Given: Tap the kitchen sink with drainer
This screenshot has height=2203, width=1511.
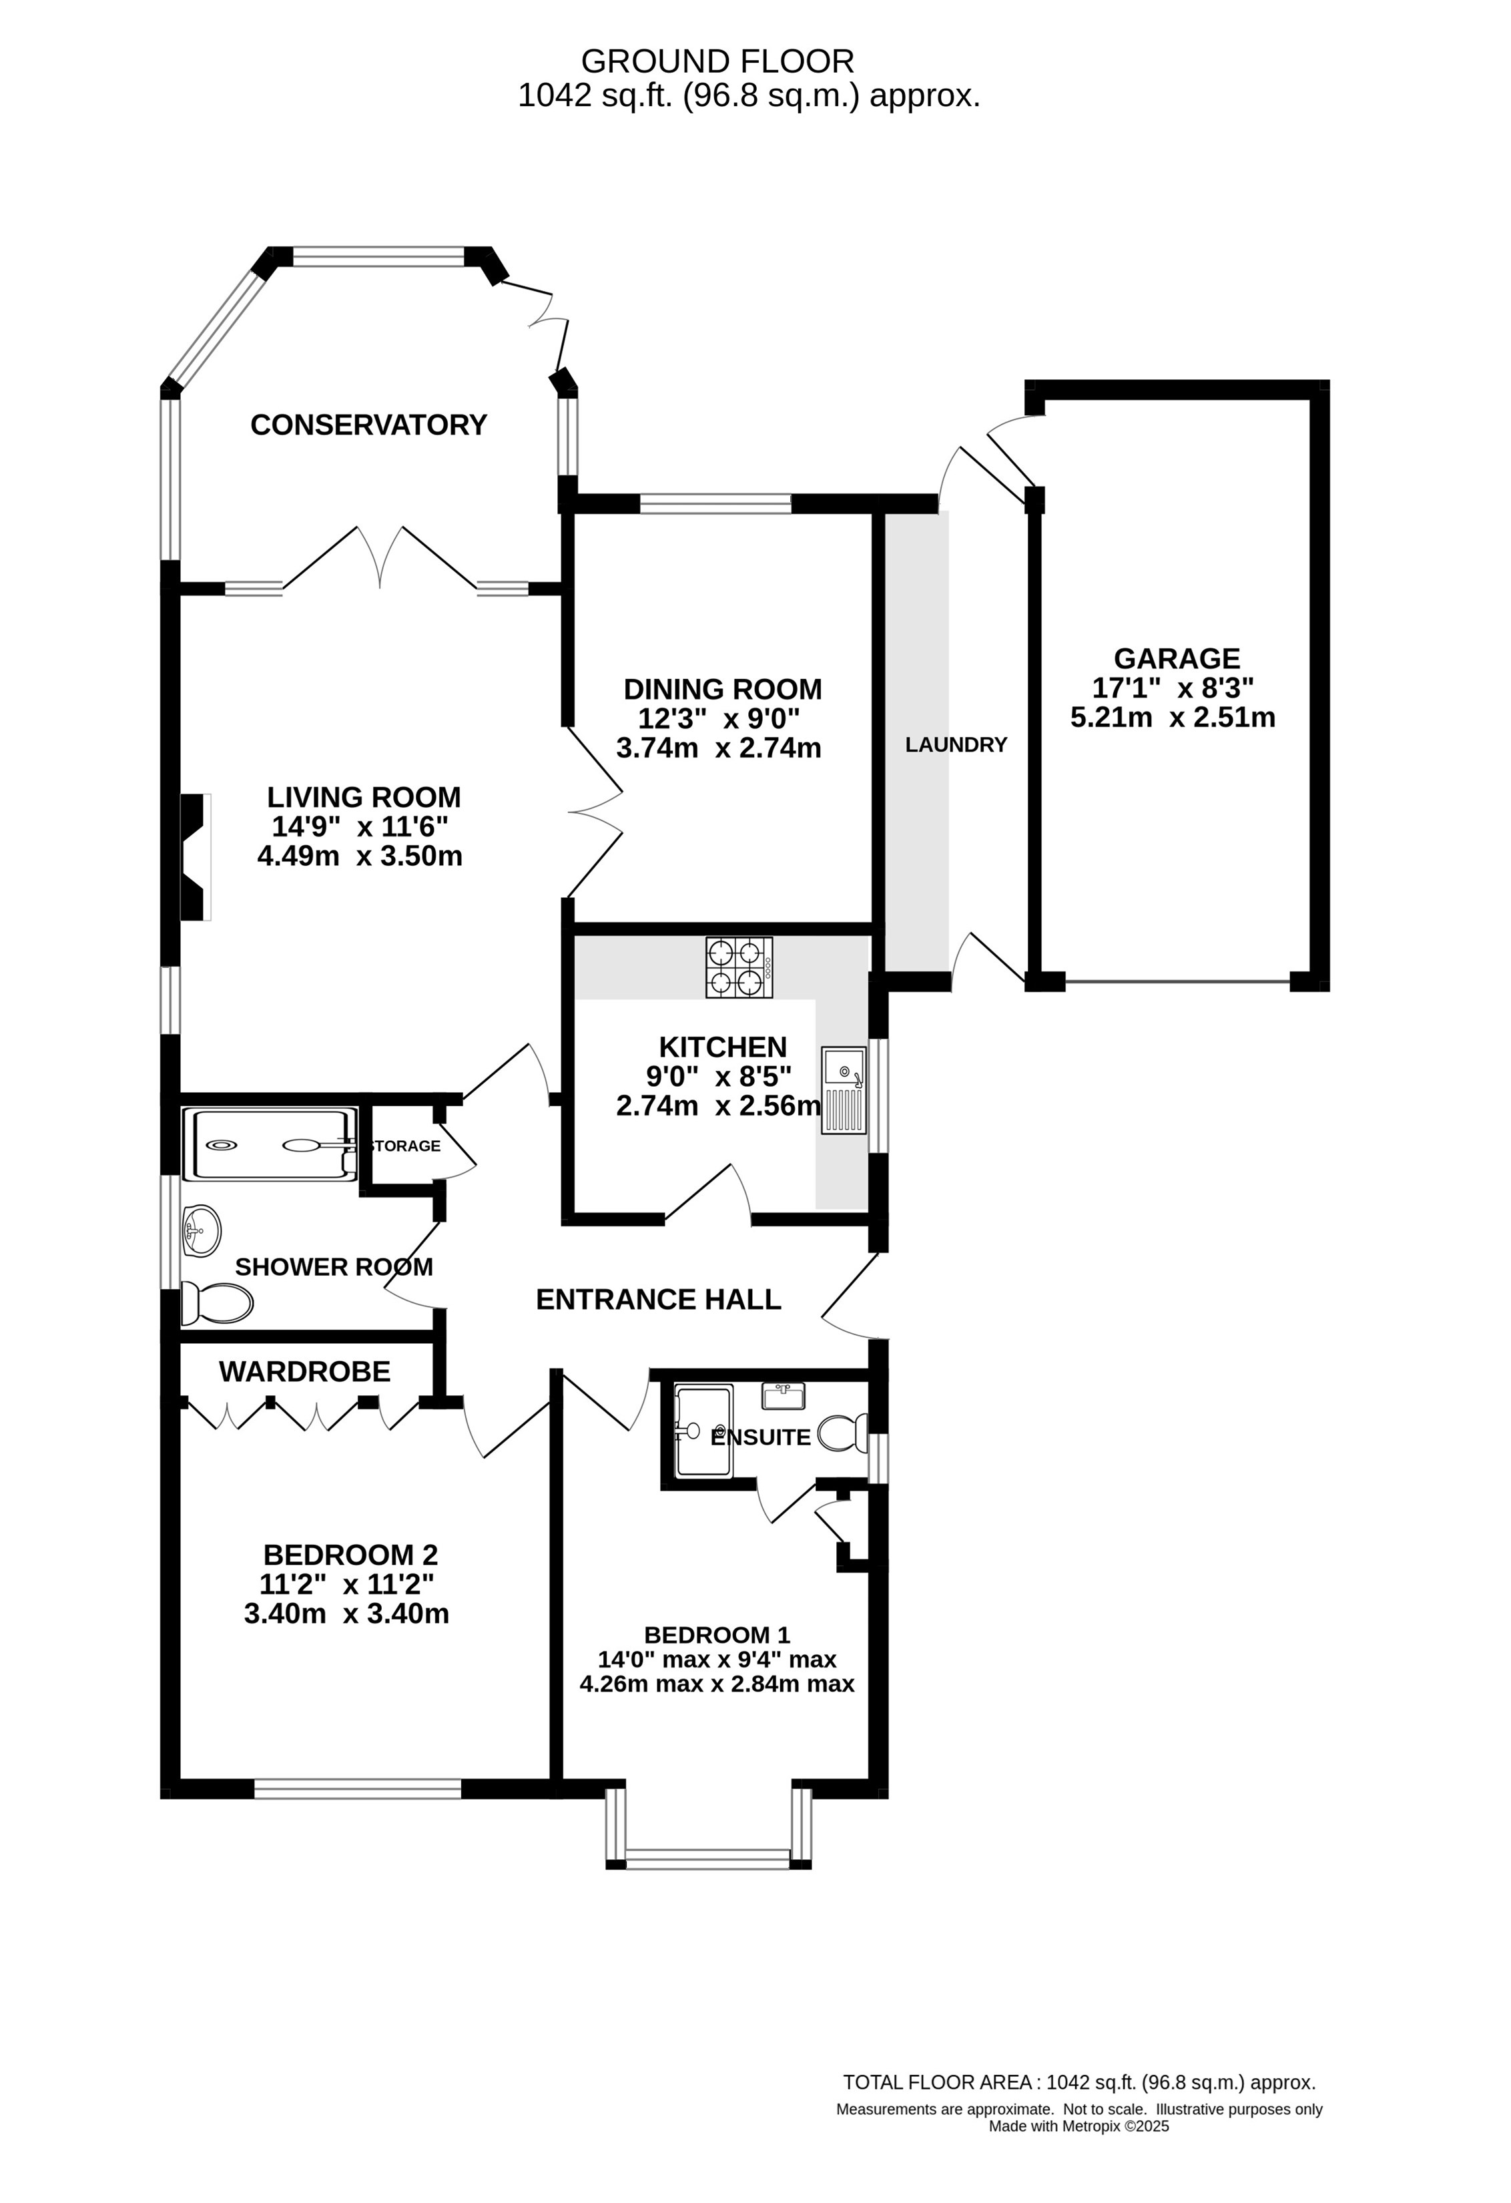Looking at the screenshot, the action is [844, 1091].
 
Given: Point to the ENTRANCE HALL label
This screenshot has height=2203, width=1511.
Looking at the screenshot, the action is [659, 1300].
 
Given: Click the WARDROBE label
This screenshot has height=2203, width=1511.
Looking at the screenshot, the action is [304, 1372].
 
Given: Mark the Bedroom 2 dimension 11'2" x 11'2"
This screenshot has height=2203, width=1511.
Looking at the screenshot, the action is [347, 1583].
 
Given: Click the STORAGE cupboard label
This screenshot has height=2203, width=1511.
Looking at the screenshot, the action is [404, 1146].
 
